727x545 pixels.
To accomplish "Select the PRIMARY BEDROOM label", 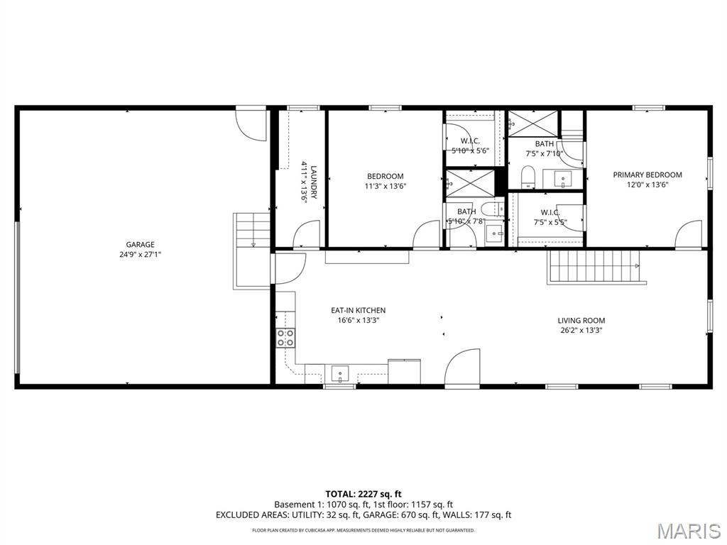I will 647,175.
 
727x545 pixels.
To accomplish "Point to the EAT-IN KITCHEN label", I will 359,310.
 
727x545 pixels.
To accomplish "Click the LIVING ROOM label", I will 581,320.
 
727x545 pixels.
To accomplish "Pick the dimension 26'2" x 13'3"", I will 581,330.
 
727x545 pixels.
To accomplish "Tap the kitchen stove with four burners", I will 285,338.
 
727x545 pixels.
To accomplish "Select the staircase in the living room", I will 595,266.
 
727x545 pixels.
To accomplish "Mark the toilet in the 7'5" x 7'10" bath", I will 528,176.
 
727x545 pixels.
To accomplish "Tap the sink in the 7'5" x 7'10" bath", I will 564,178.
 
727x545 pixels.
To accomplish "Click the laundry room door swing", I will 307,235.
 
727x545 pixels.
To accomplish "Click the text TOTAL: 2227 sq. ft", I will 363,493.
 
